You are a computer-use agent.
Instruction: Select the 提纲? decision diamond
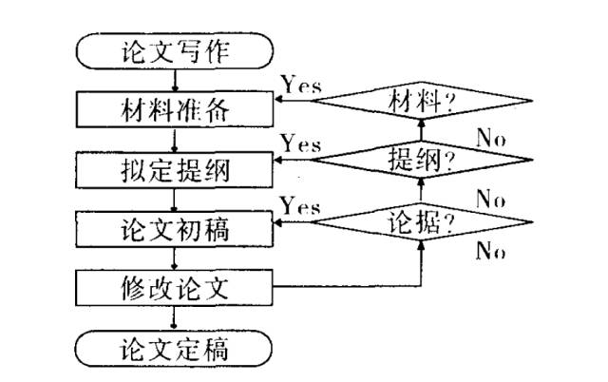click(x=421, y=160)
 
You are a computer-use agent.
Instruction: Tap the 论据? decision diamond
click(x=421, y=220)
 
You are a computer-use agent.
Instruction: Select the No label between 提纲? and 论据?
click(x=491, y=199)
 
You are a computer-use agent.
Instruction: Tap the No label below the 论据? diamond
click(x=491, y=250)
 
